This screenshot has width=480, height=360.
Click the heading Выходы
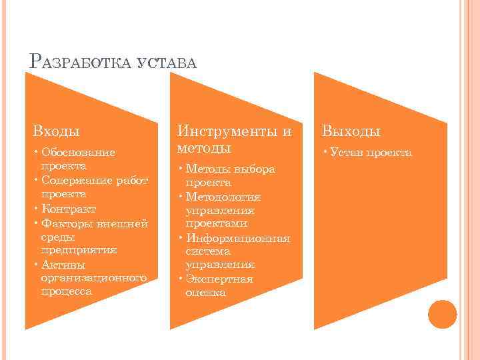352,131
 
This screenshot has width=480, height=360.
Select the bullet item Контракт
68,208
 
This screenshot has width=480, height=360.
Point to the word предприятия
79,250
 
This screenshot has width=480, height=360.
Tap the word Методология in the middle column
223,197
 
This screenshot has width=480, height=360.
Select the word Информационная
238,238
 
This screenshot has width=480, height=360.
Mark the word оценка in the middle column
206,292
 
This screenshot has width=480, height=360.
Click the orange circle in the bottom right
441,313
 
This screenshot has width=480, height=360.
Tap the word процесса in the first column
67,291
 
